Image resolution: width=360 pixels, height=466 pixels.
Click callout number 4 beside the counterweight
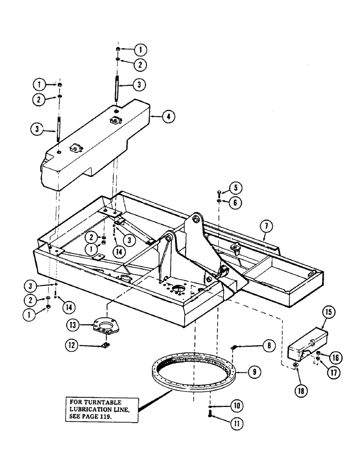[168, 117]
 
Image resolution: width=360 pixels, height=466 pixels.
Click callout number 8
[268, 345]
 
